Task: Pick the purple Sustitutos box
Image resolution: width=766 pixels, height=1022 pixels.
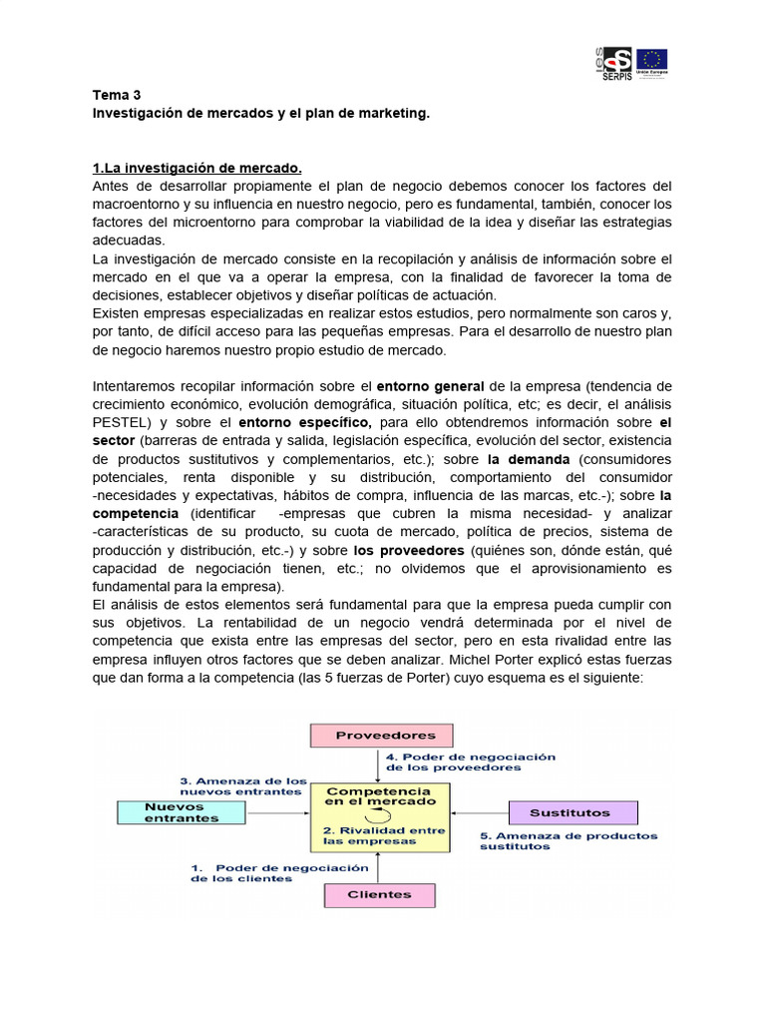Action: point(570,812)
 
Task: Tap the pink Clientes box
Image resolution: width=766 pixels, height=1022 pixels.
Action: point(379,894)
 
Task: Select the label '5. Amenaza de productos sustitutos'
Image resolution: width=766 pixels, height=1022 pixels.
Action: point(569,840)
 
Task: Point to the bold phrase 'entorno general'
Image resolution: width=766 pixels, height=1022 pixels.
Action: point(430,385)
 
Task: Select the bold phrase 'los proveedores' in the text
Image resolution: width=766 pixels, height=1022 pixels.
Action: point(409,550)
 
